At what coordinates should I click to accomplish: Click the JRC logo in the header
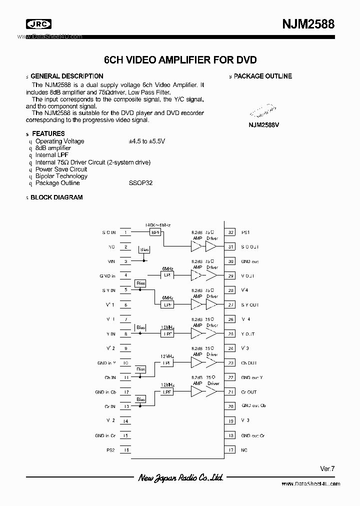[x=39, y=23]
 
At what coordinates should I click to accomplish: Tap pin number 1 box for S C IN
[x=125, y=232]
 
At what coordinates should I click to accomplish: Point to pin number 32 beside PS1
[x=230, y=232]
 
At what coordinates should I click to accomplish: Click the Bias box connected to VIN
[x=144, y=249]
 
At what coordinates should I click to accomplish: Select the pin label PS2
[x=110, y=450]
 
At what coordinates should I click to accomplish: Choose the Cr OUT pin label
[x=249, y=392]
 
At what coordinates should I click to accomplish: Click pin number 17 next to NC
[x=230, y=450]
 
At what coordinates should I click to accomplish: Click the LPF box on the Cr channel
[x=166, y=392]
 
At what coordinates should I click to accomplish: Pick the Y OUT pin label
[x=248, y=334]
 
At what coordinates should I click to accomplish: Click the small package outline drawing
[x=263, y=111]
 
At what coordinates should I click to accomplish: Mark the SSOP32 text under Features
[x=140, y=183]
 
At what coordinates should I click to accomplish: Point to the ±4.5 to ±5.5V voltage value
[x=146, y=141]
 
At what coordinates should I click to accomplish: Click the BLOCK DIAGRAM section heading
[x=56, y=197]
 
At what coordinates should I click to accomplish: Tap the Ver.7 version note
[x=327, y=468]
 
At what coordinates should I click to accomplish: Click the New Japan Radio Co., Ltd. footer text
[x=180, y=478]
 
